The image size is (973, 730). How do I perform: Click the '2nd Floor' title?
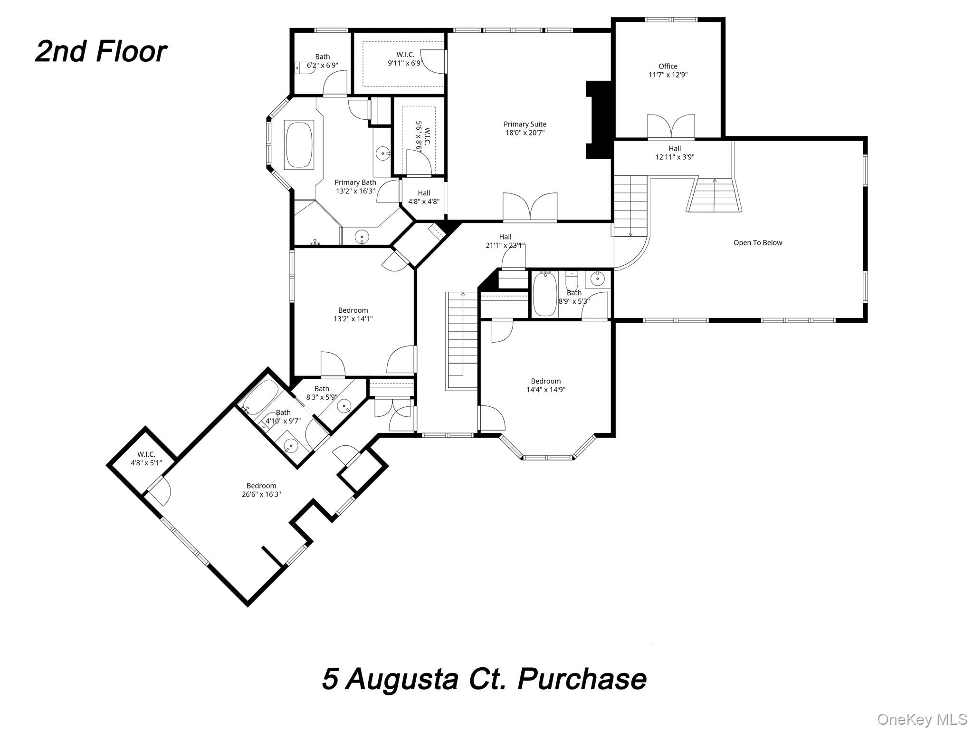pyautogui.click(x=101, y=51)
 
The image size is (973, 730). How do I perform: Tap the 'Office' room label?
pyautogui.click(x=668, y=67)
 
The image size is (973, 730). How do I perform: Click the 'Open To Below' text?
pyautogui.click(x=757, y=243)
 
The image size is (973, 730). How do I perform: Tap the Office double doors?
pyautogui.click(x=671, y=127)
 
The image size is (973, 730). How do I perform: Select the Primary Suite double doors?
pyautogui.click(x=530, y=207)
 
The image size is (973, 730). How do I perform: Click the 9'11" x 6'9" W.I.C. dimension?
pyautogui.click(x=405, y=63)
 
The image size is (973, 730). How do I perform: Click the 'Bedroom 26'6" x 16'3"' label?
pyautogui.click(x=261, y=490)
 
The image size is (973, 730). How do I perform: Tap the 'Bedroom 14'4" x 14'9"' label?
pyautogui.click(x=545, y=385)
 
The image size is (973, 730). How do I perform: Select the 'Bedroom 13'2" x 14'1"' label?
pyautogui.click(x=353, y=315)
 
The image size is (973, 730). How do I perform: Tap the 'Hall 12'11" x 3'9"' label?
pyautogui.click(x=675, y=153)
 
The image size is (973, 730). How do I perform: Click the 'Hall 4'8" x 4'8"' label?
pyautogui.click(x=424, y=197)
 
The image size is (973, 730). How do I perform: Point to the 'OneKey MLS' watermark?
pyautogui.click(x=922, y=719)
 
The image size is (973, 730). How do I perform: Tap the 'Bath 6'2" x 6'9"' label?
pyautogui.click(x=322, y=61)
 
